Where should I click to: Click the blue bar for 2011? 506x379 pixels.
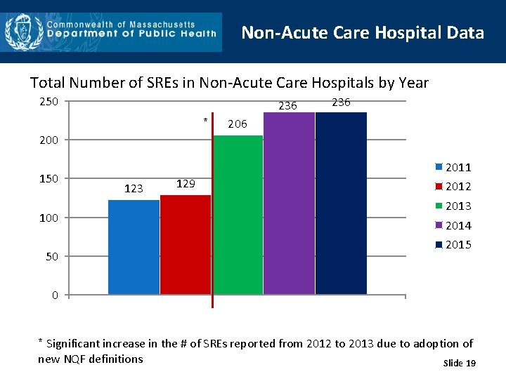(x=134, y=247)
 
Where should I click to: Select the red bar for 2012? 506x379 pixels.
(x=186, y=245)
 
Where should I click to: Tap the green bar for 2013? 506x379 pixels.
(x=238, y=215)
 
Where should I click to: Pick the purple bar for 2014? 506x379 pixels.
(x=289, y=204)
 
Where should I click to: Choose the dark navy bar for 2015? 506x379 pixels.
(x=341, y=204)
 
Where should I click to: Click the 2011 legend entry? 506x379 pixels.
(x=453, y=167)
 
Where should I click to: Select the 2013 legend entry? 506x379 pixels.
(x=453, y=206)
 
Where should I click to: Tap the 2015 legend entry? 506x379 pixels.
(x=453, y=244)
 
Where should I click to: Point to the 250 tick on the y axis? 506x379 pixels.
(x=48, y=102)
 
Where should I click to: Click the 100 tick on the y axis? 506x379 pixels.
(x=48, y=218)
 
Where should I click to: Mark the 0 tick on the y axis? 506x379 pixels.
(x=55, y=295)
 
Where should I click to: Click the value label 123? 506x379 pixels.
(x=134, y=188)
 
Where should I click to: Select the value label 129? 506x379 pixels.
(x=186, y=183)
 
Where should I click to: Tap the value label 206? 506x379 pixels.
(x=238, y=124)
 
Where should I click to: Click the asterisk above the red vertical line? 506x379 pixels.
(x=205, y=120)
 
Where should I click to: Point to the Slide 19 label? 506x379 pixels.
(x=460, y=363)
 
